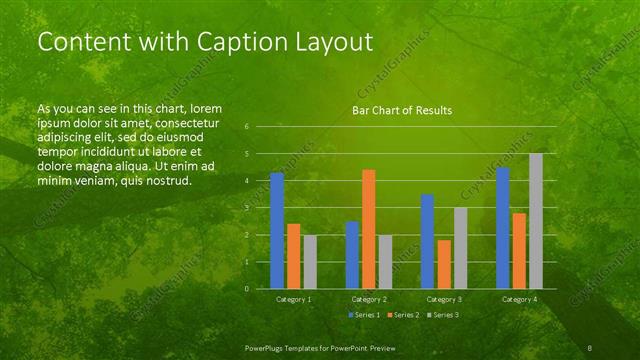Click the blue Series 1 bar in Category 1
(277, 231)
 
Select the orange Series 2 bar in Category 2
(368, 229)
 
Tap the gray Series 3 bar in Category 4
(536, 221)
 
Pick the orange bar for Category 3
(443, 264)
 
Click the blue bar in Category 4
(503, 228)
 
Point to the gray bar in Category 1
(310, 262)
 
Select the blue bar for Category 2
(352, 255)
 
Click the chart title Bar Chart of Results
(401, 110)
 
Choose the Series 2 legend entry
(401, 315)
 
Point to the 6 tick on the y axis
(247, 127)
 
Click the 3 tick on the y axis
(247, 208)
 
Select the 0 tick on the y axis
(247, 289)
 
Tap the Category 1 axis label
(293, 299)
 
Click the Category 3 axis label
(443, 299)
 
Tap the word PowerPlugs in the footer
(265, 347)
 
